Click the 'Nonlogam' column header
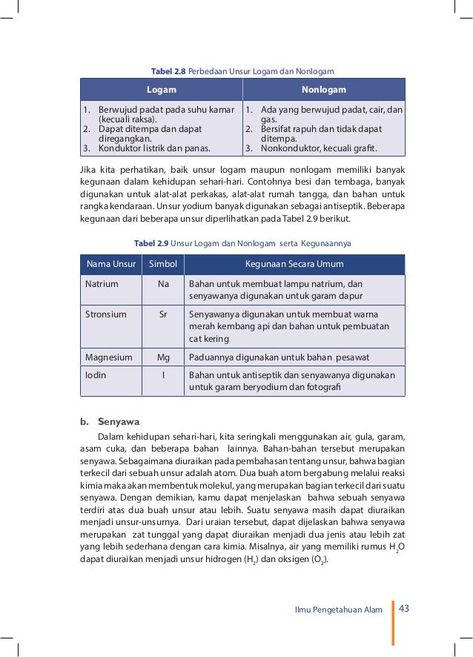coord(324,90)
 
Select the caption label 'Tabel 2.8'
coord(168,71)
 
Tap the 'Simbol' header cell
coord(163,265)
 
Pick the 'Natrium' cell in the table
coord(102,284)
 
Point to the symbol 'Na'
coord(163,284)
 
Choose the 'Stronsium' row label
coord(106,314)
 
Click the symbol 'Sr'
coord(163,314)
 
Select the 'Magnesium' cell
coord(109,357)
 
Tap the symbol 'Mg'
coord(163,357)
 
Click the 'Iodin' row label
coord(96,374)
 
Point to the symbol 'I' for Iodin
coord(163,374)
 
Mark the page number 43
coord(404,609)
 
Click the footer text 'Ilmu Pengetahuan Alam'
coord(339,610)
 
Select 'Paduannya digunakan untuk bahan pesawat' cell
coord(279,357)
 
